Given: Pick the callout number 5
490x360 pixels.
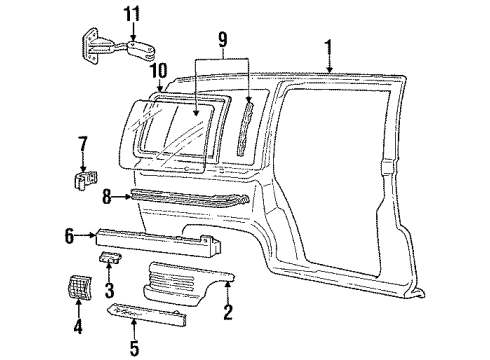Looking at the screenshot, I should click(135, 350).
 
